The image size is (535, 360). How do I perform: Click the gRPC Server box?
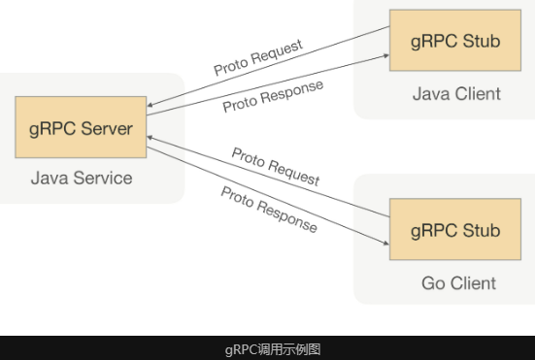pyautogui.click(x=81, y=127)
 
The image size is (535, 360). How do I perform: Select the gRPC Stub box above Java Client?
pyautogui.click(x=455, y=40)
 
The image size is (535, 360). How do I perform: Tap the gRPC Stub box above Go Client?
pyautogui.click(x=455, y=229)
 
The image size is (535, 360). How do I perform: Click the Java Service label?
pyautogui.click(x=82, y=178)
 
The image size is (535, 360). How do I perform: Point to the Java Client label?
pyautogui.click(x=456, y=94)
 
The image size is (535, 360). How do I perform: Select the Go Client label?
pyautogui.click(x=458, y=283)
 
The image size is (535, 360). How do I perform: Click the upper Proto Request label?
pyautogui.click(x=258, y=57)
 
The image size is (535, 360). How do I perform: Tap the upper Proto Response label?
pyautogui.click(x=273, y=96)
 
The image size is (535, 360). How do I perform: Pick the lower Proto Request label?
pyautogui.click(x=276, y=167)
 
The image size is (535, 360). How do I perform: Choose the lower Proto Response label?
pyautogui.click(x=269, y=210)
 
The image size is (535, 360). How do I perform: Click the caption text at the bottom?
pyautogui.click(x=273, y=349)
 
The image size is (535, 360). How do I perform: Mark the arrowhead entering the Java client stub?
pyautogui.click(x=386, y=55)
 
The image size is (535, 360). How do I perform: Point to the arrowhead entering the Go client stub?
pyautogui.click(x=385, y=243)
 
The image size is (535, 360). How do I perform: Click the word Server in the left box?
pyautogui.click(x=107, y=128)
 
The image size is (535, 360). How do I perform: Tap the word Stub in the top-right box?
pyautogui.click(x=482, y=41)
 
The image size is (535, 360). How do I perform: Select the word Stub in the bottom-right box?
pyautogui.click(x=482, y=230)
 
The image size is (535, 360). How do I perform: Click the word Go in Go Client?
pyautogui.click(x=433, y=283)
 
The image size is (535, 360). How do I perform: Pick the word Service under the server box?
pyautogui.click(x=103, y=178)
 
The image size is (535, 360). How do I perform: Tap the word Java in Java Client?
pyautogui.click(x=431, y=94)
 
